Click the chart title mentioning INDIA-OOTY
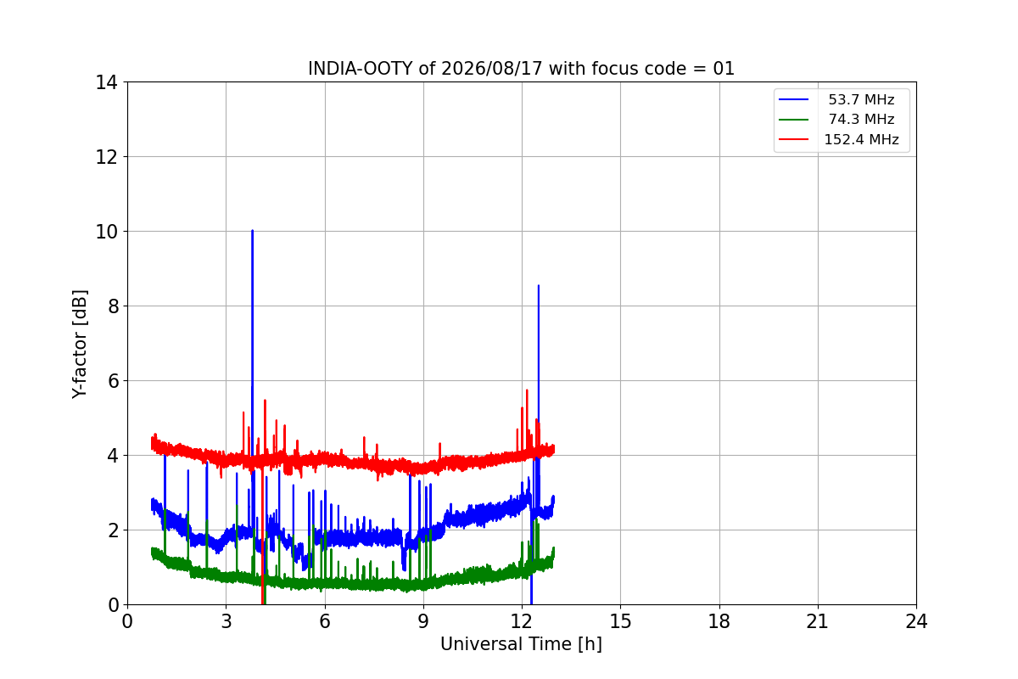[x=521, y=69]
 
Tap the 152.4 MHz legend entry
[x=838, y=139]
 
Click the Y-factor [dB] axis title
[x=79, y=345]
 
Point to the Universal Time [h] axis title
[x=521, y=644]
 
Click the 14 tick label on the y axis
[x=106, y=83]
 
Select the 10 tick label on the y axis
[x=106, y=232]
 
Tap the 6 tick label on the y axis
[x=113, y=381]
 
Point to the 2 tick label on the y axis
[x=113, y=530]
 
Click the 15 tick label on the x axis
[x=620, y=621]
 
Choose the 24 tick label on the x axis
[x=916, y=621]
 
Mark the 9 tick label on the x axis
[x=423, y=621]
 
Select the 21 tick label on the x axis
[x=818, y=621]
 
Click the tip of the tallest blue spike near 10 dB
[x=252, y=231]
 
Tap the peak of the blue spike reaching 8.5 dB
[x=539, y=286]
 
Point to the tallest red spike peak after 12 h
[x=527, y=390]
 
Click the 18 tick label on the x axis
[x=719, y=621]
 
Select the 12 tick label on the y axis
[x=106, y=157]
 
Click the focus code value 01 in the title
[x=724, y=69]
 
